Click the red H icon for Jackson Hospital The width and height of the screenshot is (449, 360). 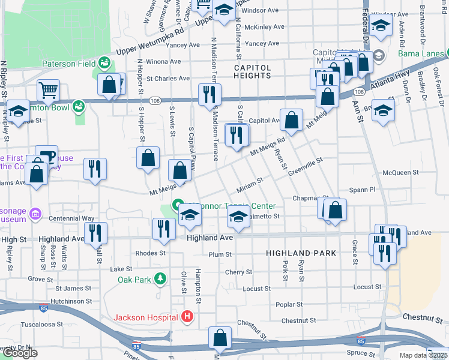187,316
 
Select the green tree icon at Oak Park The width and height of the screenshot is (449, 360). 160,279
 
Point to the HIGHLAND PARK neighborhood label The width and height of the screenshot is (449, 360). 301,254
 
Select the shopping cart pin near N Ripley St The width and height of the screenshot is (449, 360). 49,91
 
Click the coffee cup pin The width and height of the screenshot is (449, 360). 46,155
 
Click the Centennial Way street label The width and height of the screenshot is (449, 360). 71,219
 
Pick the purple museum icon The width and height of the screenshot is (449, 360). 35,214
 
